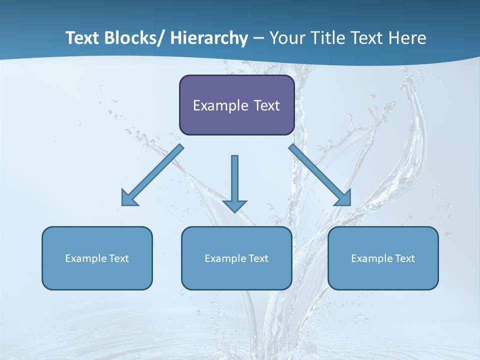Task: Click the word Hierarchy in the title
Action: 209,38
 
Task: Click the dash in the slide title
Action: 258,38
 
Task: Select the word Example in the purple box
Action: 220,105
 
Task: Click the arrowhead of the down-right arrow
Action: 343,198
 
